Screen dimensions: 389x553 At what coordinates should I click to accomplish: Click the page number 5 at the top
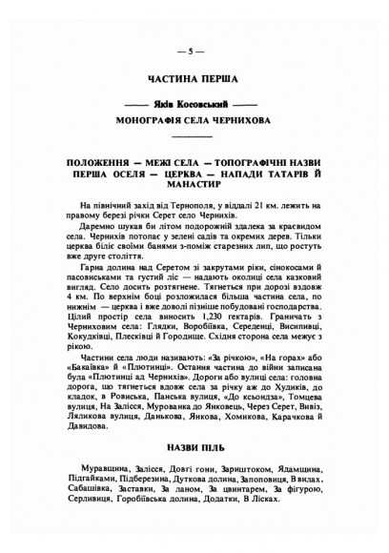click(194, 50)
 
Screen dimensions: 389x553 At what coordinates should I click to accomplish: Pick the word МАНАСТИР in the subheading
click(194, 189)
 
